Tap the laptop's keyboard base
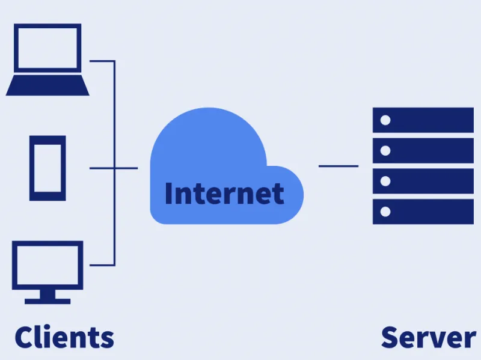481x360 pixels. pos(47,85)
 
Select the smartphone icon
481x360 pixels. pos(47,168)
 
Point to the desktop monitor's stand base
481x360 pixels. pos(47,301)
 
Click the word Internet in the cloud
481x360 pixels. pos(224,193)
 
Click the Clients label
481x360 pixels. pos(64,337)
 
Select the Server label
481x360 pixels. pos(429,337)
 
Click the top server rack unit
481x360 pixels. pos(423,120)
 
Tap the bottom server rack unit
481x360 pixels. pos(423,212)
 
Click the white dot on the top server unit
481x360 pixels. pos(385,120)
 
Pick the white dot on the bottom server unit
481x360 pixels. pos(385,212)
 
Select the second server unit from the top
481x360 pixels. pos(423,151)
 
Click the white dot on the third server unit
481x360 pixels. pos(385,181)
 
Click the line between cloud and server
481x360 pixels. pos(339,166)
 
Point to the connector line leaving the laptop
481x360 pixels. pos(102,61)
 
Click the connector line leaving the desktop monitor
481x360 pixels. pos(102,265)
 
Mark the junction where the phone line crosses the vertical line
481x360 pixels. pos(114,168)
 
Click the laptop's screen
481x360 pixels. pos(47,48)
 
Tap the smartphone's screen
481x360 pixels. pos(47,168)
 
